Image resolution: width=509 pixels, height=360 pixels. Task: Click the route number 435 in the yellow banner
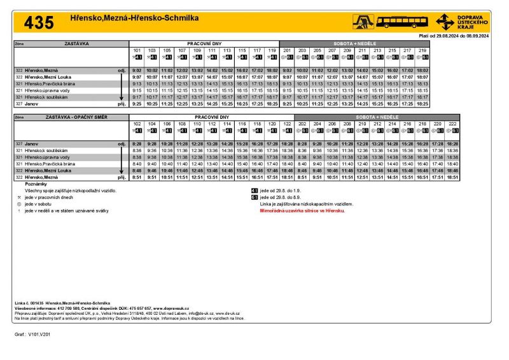[x=39, y=23]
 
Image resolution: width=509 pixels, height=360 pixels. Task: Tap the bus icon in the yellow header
[x=403, y=22]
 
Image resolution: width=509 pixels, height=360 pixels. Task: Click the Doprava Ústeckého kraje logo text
[x=471, y=22]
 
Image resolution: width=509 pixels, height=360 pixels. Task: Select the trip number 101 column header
[x=136, y=50]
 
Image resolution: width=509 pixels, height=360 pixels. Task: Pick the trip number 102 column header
[x=136, y=123]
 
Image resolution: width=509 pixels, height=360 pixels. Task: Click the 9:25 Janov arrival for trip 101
[x=136, y=103]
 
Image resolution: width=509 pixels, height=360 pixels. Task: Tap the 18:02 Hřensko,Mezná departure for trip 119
[x=272, y=71]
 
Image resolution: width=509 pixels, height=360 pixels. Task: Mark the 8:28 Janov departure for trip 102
[x=136, y=144]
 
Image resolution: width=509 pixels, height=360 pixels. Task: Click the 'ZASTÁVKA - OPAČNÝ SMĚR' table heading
[x=70, y=118]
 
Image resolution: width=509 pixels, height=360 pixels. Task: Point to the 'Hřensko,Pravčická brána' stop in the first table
[x=50, y=83]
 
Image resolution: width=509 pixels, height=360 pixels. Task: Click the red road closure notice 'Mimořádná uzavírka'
[x=297, y=210]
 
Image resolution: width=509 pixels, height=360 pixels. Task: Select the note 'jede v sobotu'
[x=39, y=204]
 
